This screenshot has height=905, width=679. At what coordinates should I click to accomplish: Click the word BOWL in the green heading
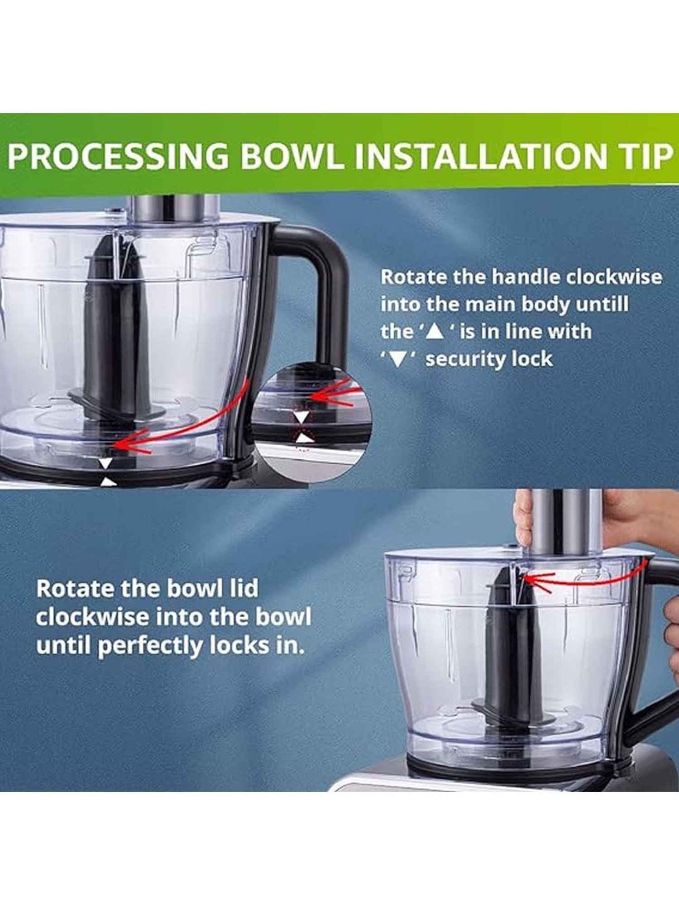tap(293, 156)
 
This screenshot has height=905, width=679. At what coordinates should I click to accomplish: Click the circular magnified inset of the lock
tap(312, 421)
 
